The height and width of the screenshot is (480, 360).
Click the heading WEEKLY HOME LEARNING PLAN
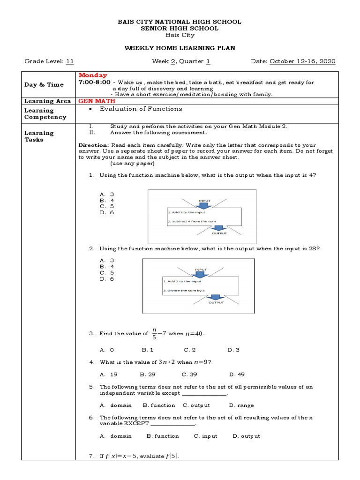[x=180, y=48]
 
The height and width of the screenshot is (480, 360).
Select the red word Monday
[x=93, y=75]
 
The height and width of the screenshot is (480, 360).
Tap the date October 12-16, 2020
[x=302, y=61]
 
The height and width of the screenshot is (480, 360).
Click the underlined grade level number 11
[x=70, y=61]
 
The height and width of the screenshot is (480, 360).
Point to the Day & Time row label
[x=44, y=84]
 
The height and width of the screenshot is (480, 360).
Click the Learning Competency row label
[x=45, y=114]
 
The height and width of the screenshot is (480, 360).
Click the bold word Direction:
[x=93, y=145]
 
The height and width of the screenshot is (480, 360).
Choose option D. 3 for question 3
[x=233, y=350]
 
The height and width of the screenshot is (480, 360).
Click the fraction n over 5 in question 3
[x=154, y=333]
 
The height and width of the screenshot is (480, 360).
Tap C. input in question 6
[x=206, y=436]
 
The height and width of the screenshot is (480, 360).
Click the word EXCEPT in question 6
[x=135, y=423]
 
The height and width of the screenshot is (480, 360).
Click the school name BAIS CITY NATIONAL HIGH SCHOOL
[x=180, y=22]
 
